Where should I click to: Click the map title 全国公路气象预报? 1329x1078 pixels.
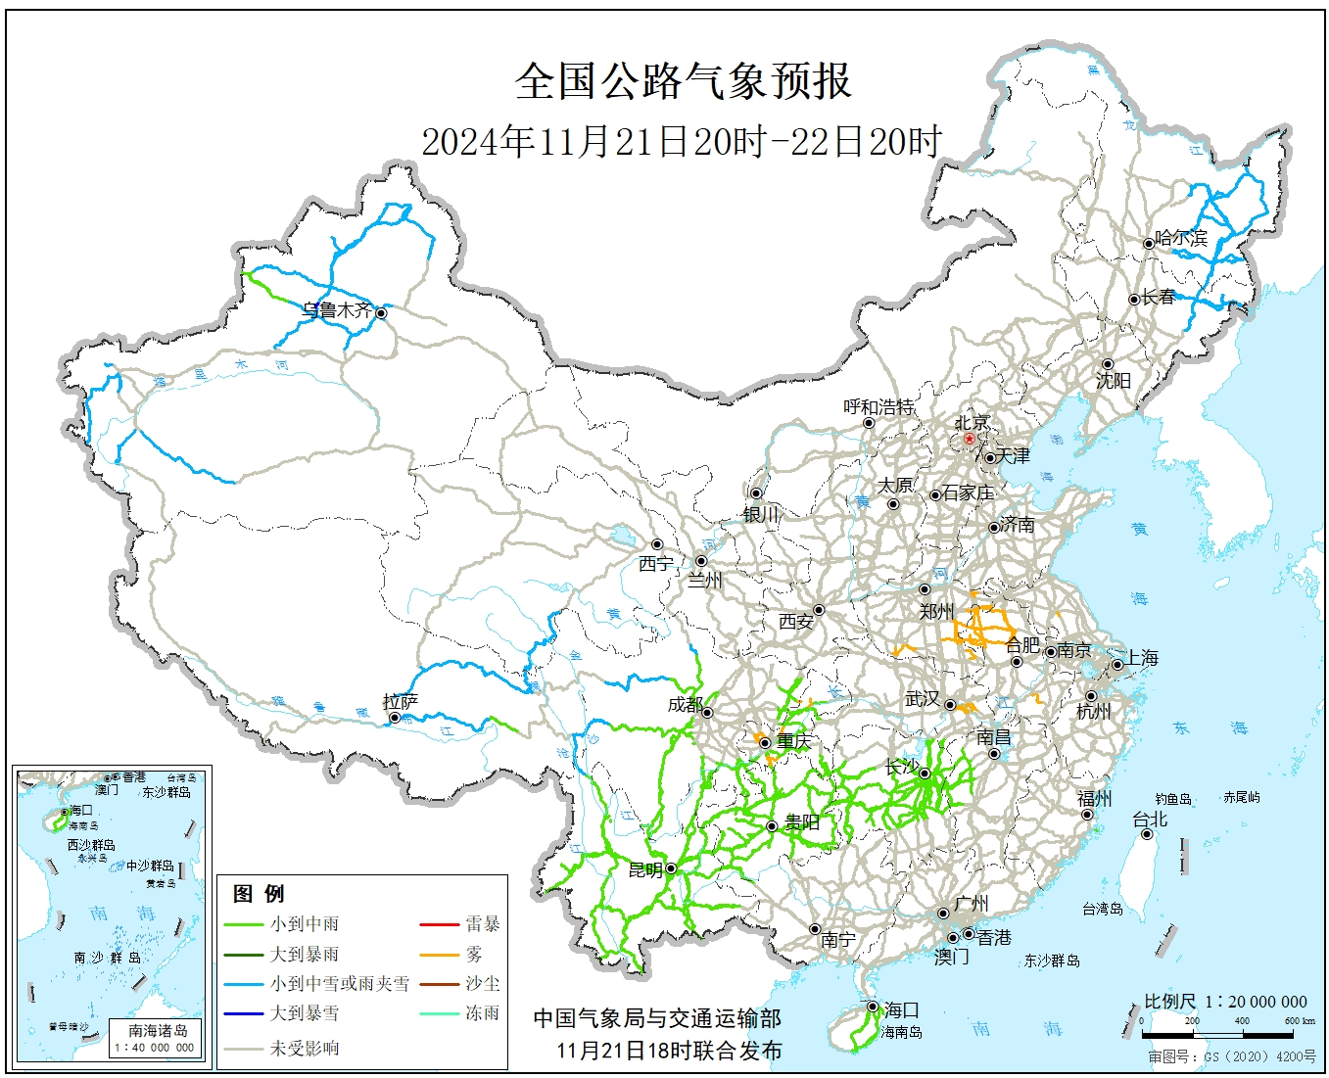coord(683,81)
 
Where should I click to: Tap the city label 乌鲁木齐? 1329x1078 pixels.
coord(337,310)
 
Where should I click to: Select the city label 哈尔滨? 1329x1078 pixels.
coord(1181,238)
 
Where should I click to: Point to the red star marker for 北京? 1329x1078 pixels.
coord(970,439)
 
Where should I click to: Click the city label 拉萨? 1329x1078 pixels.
coord(400,702)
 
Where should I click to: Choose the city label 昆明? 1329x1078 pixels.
coord(645,870)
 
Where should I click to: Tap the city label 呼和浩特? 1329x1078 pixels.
coord(878,406)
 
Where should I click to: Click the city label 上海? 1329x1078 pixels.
coord(1141,658)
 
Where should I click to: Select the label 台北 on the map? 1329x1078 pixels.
coord(1150,820)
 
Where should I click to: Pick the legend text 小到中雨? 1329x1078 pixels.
coord(305,923)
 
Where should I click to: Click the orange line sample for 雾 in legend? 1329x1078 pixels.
coord(439,954)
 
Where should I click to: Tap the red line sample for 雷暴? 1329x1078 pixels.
coord(439,923)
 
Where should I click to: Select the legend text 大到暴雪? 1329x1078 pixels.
coord(305,1013)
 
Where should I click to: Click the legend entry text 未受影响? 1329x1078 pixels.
coord(305,1048)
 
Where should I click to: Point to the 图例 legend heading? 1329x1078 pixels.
coord(259,893)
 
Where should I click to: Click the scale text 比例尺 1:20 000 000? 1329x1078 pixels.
coord(1225,1002)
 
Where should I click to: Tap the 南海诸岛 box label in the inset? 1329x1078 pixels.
coord(158,1030)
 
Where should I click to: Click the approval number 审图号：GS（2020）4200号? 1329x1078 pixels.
coord(1232,1057)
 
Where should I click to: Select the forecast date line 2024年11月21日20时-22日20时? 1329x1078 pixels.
coord(681,142)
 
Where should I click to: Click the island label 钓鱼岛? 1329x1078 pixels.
coord(1172,799)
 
